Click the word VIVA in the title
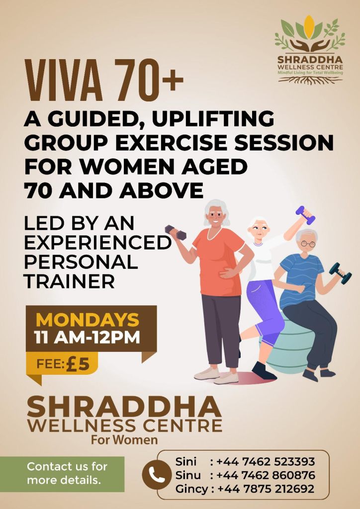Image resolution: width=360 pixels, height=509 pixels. pyautogui.click(x=64, y=80)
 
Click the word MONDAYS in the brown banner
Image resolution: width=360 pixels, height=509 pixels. pyautogui.click(x=88, y=320)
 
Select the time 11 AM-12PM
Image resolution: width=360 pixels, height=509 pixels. pyautogui.click(x=88, y=337)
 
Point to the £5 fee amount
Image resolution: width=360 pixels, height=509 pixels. pyautogui.click(x=77, y=364)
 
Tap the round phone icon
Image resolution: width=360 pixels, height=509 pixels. pyautogui.click(x=157, y=475)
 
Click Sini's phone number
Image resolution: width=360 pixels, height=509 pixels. pyautogui.click(x=266, y=461)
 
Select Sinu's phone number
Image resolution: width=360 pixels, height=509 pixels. pyautogui.click(x=266, y=475)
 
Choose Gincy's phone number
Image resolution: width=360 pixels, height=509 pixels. pyautogui.click(x=266, y=489)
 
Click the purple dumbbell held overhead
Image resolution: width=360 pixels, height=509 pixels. pyautogui.click(x=305, y=215)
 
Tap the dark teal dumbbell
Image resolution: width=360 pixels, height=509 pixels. pyautogui.click(x=340, y=273)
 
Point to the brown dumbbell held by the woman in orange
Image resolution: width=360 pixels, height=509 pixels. pyautogui.click(x=176, y=233)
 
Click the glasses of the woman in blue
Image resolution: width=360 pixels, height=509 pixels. pyautogui.click(x=308, y=244)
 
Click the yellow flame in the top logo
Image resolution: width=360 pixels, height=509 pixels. pyautogui.click(x=309, y=27)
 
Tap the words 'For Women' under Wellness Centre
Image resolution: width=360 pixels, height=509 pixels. pyautogui.click(x=124, y=440)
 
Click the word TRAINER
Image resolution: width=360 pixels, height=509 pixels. pyautogui.click(x=70, y=281)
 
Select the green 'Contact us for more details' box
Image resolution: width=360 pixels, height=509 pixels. pyautogui.click(x=62, y=474)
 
